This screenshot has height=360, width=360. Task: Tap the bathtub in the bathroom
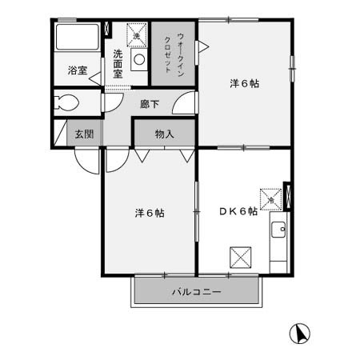(78, 38)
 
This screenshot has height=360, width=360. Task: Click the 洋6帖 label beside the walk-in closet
(244, 83)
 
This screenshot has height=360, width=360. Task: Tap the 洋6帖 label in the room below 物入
(149, 214)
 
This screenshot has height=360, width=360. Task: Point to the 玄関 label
(84, 134)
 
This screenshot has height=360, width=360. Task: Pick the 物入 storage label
(164, 134)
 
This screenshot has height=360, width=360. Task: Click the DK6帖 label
(238, 211)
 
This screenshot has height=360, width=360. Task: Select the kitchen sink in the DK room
(279, 232)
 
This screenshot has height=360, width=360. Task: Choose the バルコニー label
(196, 292)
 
